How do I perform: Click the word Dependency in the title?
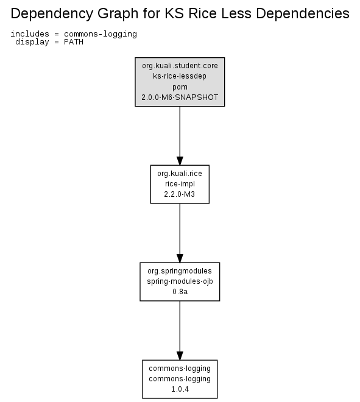(52, 14)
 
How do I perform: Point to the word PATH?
(74, 42)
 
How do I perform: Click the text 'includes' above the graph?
(30, 34)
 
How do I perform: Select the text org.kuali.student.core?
(180, 66)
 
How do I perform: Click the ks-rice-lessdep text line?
(180, 76)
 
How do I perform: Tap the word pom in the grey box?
(180, 87)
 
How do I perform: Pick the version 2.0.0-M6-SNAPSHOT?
(180, 97)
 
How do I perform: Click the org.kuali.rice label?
(180, 174)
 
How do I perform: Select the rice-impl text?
(180, 184)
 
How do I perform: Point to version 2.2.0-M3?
(180, 194)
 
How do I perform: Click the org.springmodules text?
(180, 271)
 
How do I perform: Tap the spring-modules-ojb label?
(180, 281)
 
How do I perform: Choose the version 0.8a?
(180, 292)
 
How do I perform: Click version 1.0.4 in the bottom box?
(180, 389)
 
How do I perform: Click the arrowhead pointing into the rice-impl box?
(180, 161)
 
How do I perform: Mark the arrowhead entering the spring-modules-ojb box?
(180, 258)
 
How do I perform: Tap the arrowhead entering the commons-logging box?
(180, 356)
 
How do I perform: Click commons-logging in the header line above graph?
(101, 34)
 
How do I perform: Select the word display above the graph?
(32, 42)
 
